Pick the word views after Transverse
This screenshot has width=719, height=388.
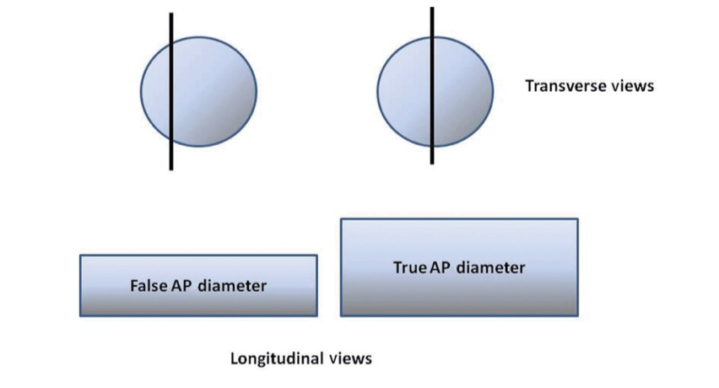point(630,86)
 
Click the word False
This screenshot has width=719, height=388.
point(147,286)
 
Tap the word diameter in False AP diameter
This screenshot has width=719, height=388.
point(234,286)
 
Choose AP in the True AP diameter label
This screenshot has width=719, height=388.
point(442,268)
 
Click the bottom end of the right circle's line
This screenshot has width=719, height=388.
point(432,162)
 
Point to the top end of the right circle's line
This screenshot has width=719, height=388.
point(432,9)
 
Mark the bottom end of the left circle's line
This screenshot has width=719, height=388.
point(171,168)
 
